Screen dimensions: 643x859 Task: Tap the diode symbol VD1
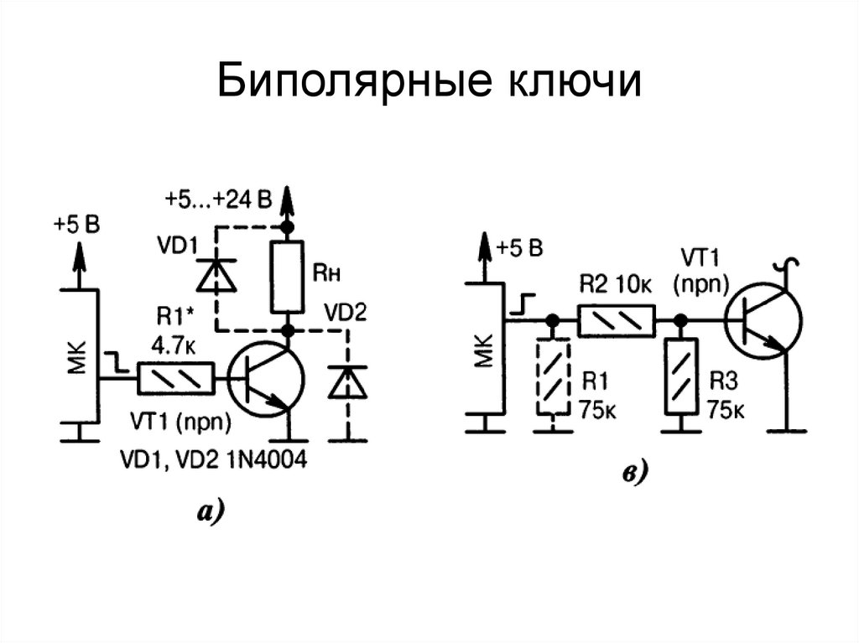point(216,274)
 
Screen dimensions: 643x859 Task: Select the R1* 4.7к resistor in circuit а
point(175,379)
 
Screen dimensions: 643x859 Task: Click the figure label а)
point(211,511)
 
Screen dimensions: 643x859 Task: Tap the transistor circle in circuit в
point(764,320)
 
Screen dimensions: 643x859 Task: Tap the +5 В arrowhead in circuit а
point(80,252)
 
